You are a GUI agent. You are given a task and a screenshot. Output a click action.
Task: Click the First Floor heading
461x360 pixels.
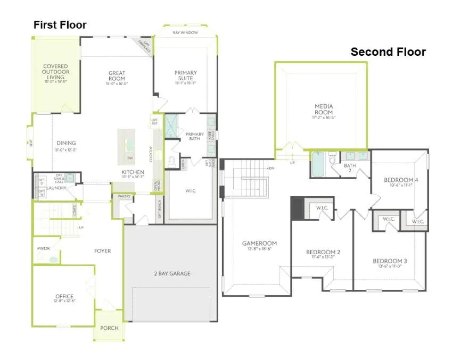pos(60,25)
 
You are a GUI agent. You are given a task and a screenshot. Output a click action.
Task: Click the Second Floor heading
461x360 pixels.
pos(388,52)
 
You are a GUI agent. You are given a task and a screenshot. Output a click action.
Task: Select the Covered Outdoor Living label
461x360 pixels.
pos(55,72)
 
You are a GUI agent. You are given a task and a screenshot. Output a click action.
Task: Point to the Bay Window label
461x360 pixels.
pos(185,33)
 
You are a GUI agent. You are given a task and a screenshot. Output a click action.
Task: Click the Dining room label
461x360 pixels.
pos(66,143)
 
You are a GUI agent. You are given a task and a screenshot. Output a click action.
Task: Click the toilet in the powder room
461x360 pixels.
pos(54,259)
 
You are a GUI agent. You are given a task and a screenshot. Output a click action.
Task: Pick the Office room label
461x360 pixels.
pos(64,296)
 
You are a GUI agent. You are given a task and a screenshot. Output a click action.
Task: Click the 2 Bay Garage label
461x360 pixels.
pos(171,274)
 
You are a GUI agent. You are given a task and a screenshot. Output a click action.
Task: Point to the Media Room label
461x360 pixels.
pos(323,110)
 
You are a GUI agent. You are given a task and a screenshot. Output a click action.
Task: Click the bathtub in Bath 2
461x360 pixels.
pos(317,165)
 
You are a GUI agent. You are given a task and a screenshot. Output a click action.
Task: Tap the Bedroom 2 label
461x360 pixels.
pos(323,252)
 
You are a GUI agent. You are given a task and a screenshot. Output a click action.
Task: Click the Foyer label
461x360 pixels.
pos(102,251)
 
